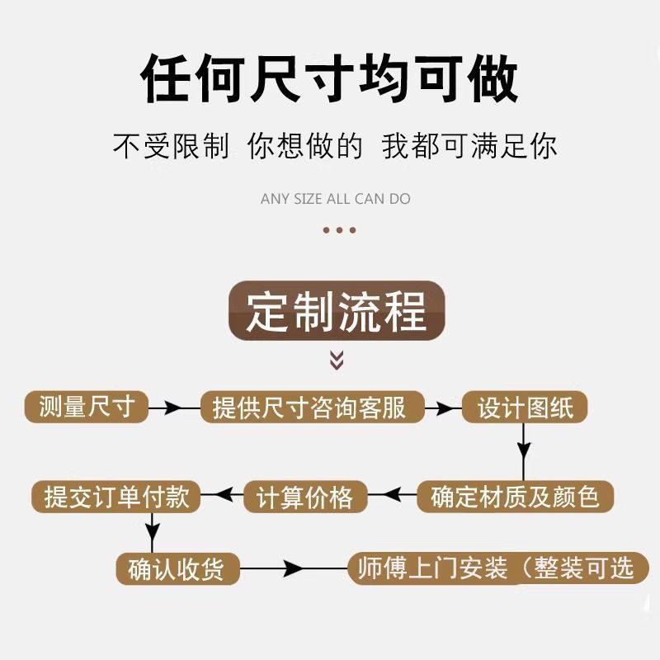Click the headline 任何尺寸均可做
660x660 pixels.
[330, 80]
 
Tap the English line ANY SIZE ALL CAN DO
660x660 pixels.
[335, 199]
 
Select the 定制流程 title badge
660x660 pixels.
[337, 311]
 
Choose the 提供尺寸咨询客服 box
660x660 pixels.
[312, 407]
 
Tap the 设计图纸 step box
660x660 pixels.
[524, 407]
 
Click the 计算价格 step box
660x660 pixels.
[304, 497]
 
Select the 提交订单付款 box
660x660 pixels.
[116, 497]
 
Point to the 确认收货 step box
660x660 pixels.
[177, 569]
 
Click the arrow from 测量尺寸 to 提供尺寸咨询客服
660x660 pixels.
[172, 408]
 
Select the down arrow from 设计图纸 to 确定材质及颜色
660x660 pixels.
[522, 450]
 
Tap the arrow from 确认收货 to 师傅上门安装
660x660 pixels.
[293, 568]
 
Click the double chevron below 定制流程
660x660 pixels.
[337, 360]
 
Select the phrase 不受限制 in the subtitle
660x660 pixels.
[170, 147]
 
